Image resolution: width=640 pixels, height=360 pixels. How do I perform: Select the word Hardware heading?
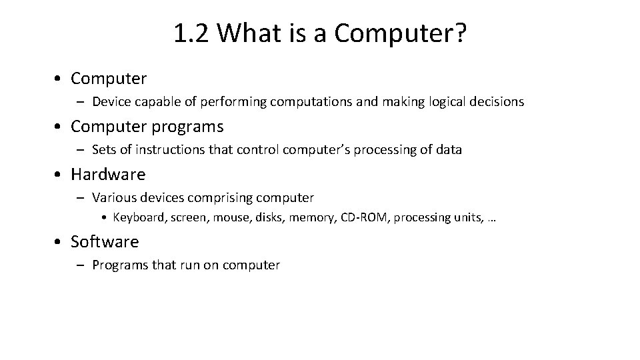(108, 175)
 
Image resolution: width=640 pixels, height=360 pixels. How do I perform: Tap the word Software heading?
(105, 241)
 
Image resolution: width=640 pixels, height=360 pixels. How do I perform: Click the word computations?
(315, 102)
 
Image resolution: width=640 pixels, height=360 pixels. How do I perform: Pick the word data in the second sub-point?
(449, 150)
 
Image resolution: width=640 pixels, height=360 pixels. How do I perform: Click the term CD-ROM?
(364, 217)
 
